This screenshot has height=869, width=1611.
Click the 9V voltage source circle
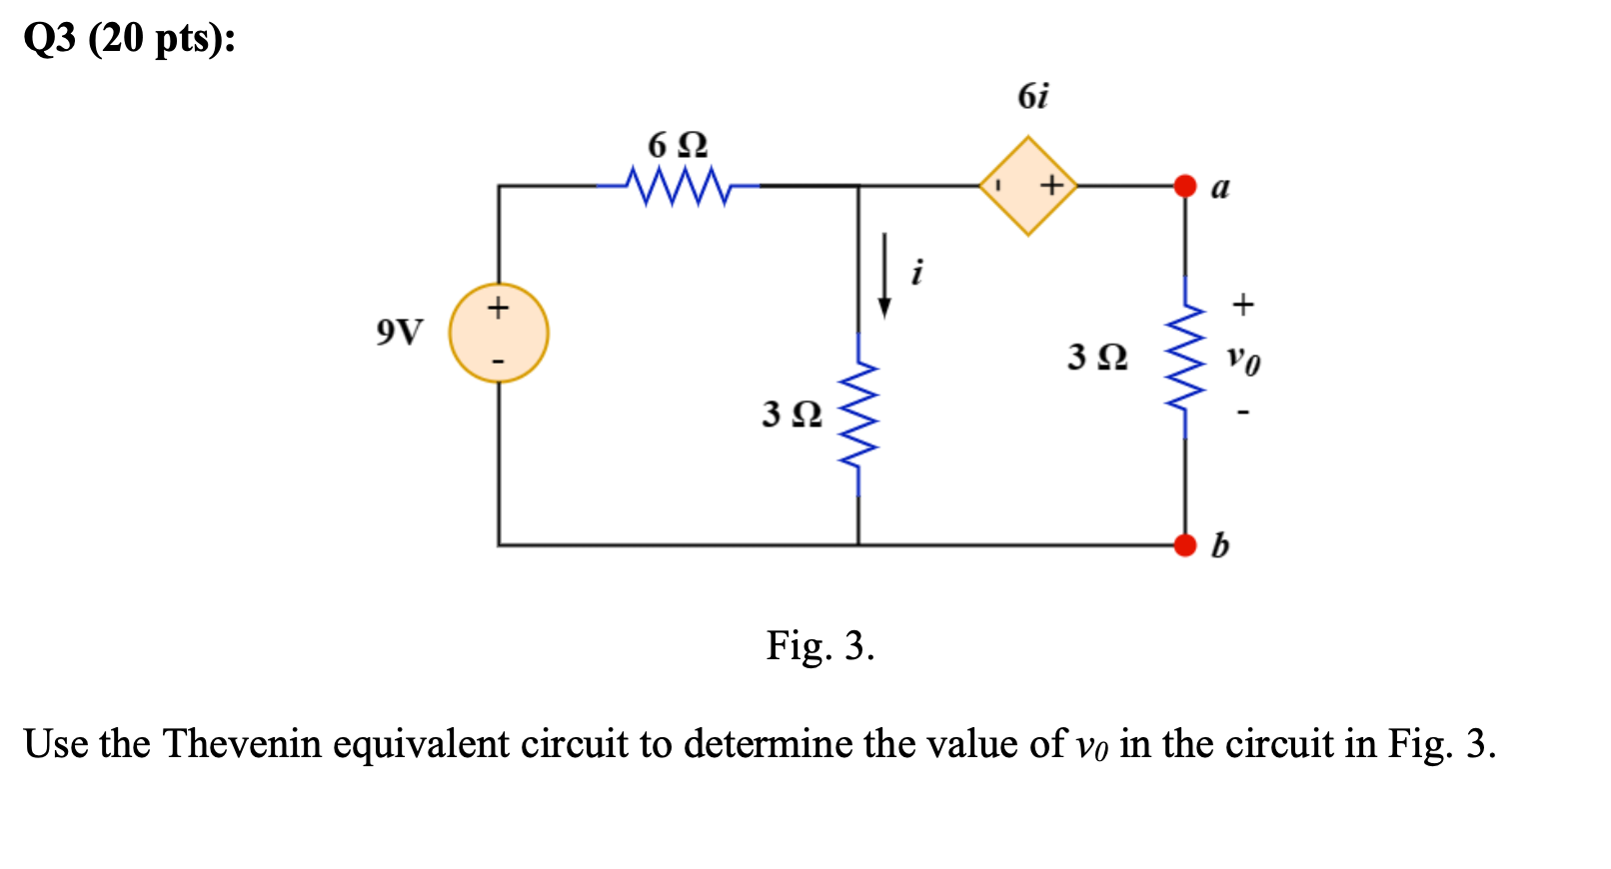(499, 333)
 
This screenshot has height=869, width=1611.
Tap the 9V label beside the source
(400, 332)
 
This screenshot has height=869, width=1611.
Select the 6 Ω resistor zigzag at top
(679, 186)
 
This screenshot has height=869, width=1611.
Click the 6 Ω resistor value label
(678, 146)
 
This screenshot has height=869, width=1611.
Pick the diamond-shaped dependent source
(1028, 186)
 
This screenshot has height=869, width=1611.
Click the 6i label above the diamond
(1032, 96)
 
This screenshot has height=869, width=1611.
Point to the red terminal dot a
(1185, 186)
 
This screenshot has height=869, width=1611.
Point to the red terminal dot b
(1185, 545)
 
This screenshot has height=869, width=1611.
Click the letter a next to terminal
(1220, 187)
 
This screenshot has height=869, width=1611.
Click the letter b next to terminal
(1220, 545)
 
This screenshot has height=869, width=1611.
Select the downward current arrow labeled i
(883, 275)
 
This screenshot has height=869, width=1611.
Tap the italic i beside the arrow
(917, 271)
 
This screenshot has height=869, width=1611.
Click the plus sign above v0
(1242, 304)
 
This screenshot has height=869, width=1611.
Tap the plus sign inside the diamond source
(1050, 186)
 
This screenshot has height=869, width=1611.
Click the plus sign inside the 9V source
(498, 307)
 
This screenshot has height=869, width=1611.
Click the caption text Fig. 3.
(820, 646)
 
